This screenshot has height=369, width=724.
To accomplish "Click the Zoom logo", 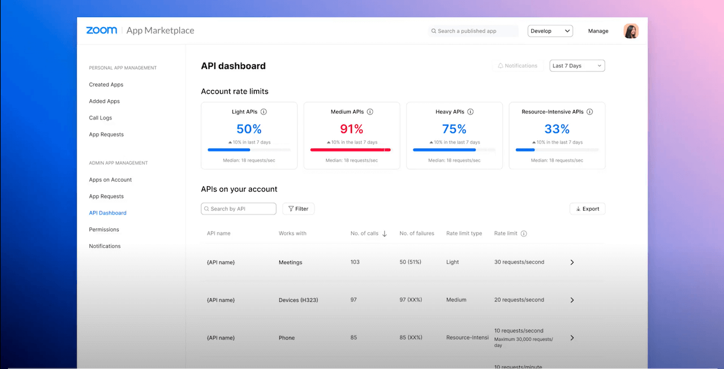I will (x=102, y=31).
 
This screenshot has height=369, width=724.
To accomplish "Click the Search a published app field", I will (x=473, y=31).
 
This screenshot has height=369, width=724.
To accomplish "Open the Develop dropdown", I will (x=550, y=31).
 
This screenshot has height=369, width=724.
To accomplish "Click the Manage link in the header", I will (x=598, y=31).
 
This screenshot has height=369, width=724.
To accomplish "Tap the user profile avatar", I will (x=631, y=31).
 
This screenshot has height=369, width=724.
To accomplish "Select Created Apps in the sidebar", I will (x=106, y=85).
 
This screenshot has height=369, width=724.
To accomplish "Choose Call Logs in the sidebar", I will (x=100, y=118).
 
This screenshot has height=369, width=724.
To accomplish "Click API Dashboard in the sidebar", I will (x=107, y=213).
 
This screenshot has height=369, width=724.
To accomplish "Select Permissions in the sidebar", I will (x=104, y=229).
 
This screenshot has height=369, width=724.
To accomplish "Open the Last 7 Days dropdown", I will (x=577, y=66).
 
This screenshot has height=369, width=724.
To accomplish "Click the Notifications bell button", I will (x=517, y=66).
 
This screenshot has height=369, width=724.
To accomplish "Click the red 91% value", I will (x=351, y=129).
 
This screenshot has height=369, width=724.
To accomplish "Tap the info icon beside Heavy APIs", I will (x=470, y=112).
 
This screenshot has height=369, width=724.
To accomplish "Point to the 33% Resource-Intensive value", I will (x=557, y=129).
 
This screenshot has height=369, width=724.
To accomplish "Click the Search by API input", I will (x=239, y=209).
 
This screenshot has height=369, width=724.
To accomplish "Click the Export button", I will (x=587, y=209).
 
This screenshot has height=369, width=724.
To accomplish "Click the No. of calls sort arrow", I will (x=385, y=234).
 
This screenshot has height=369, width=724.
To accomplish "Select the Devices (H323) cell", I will (x=298, y=300).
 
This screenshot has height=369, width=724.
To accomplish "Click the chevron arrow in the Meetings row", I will (x=572, y=263).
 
